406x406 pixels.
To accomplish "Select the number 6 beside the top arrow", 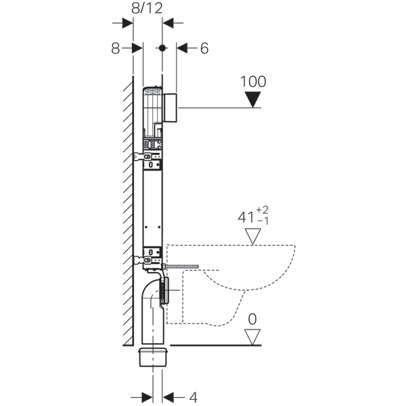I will pyautogui.click(x=205, y=48).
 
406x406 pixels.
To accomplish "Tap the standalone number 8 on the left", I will pyautogui.click(x=116, y=48).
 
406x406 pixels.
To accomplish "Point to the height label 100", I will pyautogui.click(x=253, y=81).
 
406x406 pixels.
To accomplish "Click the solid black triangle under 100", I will pyautogui.click(x=253, y=100).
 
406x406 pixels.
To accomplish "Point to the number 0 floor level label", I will pyautogui.click(x=253, y=318).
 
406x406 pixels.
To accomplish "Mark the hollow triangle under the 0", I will pyautogui.click(x=253, y=336).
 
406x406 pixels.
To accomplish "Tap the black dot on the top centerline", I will pyautogui.click(x=162, y=48).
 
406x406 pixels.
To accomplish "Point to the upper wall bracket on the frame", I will pyautogui.click(x=149, y=158).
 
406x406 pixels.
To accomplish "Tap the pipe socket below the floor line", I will pyautogui.click(x=153, y=355).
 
